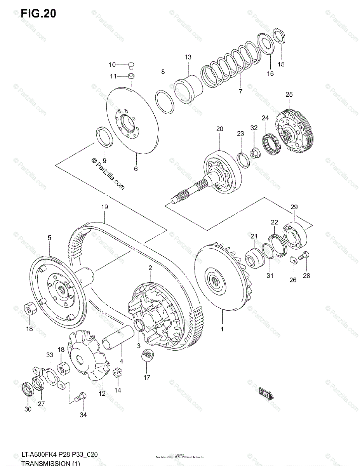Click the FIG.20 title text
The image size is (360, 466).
point(38,14)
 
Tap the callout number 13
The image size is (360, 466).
point(188,57)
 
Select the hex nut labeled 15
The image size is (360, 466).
point(280,36)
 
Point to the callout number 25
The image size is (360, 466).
point(289,94)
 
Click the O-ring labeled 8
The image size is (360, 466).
point(165,102)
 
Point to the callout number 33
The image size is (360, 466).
point(49,355)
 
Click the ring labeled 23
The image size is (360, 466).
point(243,159)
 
